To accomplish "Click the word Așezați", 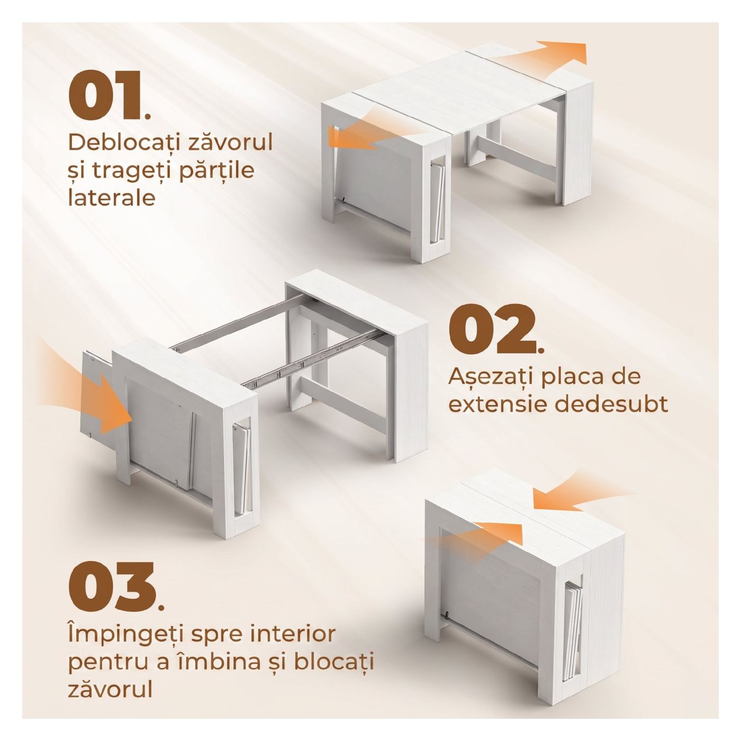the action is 496,378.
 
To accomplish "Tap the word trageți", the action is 121,171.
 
